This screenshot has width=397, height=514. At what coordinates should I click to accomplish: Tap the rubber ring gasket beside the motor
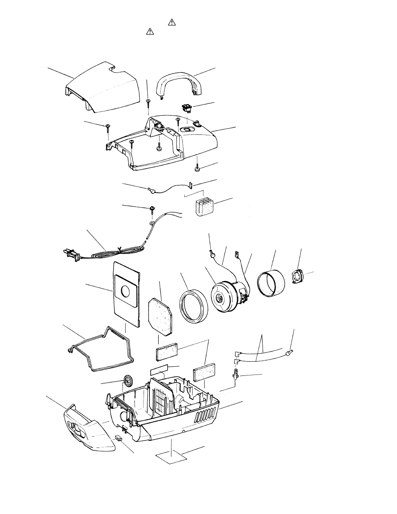194,306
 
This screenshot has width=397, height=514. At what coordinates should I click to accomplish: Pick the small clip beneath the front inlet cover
119,438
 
